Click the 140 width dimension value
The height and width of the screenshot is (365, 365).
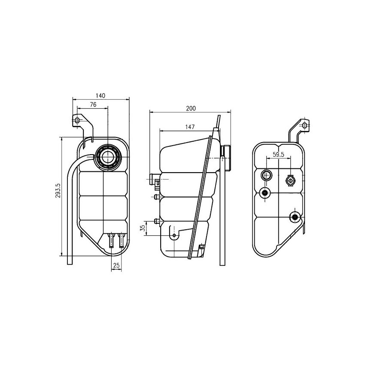pyautogui.click(x=100, y=96)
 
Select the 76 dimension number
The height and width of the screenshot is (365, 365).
pyautogui.click(x=93, y=104)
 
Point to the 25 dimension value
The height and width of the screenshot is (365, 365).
pyautogui.click(x=116, y=266)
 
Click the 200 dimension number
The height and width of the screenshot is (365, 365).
pyautogui.click(x=191, y=108)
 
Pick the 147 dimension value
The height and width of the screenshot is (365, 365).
pyautogui.click(x=191, y=127)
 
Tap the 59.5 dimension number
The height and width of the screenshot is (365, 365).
pyautogui.click(x=279, y=155)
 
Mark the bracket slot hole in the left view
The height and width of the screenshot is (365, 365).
pyautogui.click(x=77, y=120)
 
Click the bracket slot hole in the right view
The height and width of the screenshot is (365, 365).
pyautogui.click(x=304, y=125)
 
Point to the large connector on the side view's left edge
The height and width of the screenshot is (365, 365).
pyautogui.click(x=153, y=180)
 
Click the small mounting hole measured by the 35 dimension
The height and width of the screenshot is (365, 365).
pyautogui.click(x=174, y=236)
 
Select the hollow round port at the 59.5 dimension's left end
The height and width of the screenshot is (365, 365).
pyautogui.click(x=266, y=175)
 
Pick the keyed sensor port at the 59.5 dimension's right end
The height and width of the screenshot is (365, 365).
pyautogui.click(x=291, y=181)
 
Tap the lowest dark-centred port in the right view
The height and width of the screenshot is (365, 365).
pyautogui.click(x=295, y=217)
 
